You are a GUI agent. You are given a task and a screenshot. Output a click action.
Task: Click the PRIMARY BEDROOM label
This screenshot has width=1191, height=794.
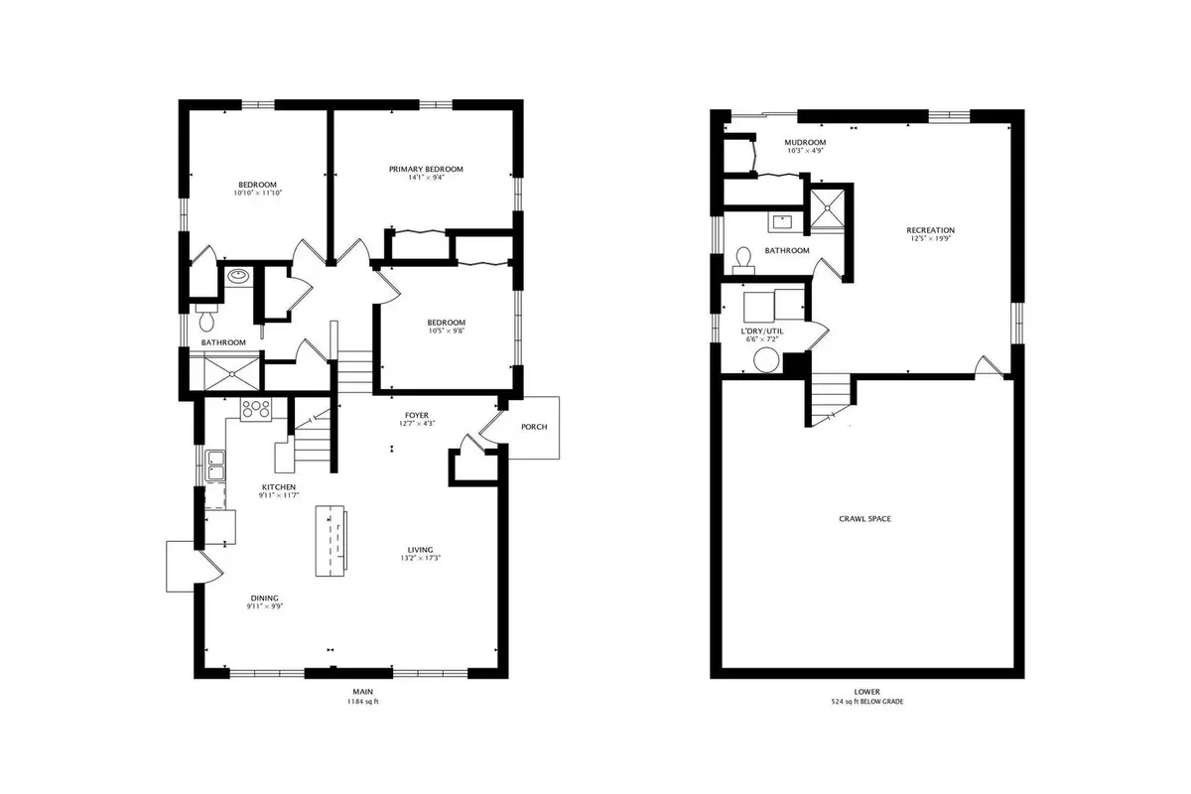click(426, 169)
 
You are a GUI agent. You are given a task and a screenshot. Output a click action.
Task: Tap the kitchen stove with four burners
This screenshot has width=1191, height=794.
click(256, 410)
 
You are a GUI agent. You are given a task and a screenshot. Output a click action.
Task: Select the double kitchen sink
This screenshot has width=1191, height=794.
click(216, 465)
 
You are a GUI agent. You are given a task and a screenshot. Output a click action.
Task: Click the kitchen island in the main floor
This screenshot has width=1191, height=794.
click(331, 541)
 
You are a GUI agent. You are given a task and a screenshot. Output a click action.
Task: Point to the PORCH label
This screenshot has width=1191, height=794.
click(534, 427)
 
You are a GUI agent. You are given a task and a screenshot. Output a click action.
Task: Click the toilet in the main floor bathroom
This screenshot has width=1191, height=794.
click(206, 318)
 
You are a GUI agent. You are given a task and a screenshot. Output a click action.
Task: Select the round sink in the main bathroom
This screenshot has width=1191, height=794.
click(237, 276)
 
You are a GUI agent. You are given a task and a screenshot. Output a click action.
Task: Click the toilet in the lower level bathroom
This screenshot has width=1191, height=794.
click(743, 261)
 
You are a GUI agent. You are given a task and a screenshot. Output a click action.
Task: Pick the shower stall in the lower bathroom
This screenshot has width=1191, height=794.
click(827, 208)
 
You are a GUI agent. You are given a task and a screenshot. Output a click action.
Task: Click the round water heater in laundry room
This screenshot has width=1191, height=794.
click(766, 360)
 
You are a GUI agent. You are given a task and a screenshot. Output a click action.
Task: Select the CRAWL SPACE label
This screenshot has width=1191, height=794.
click(865, 518)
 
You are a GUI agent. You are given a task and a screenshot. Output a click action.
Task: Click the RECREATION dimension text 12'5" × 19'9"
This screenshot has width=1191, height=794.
click(931, 239)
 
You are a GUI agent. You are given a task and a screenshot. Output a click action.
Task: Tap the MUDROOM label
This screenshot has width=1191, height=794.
click(805, 143)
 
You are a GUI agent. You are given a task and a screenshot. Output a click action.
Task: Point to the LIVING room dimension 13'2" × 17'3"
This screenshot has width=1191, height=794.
click(421, 558)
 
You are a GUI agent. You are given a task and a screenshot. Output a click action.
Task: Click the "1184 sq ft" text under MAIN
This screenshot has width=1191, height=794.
click(362, 702)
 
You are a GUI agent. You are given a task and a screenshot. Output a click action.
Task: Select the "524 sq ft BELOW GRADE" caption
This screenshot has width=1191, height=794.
click(867, 702)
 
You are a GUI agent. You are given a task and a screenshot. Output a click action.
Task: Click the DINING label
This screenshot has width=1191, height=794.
click(265, 597)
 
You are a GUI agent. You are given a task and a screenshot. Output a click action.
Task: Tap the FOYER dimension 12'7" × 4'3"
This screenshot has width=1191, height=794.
click(417, 424)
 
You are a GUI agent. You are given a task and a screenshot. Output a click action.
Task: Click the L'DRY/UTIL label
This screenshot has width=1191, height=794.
click(762, 331)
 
